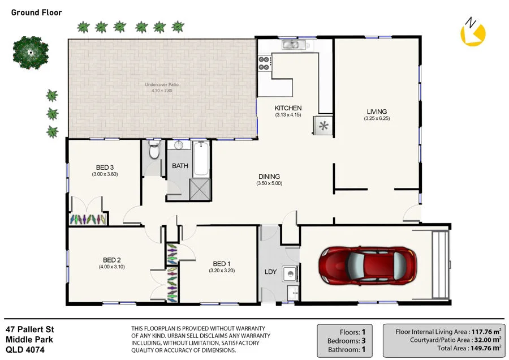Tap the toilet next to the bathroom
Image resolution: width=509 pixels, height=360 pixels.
[x=153, y=151]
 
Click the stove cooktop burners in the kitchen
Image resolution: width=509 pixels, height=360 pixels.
[x=264, y=62]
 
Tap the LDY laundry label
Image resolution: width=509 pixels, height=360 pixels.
[x=270, y=272]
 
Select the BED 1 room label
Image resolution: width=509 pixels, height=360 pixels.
[x=222, y=264]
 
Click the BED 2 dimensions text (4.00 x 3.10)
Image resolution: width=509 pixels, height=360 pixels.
[x=111, y=267]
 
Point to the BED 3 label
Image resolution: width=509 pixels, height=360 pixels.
[x=105, y=167]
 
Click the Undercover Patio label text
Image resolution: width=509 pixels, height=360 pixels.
[x=165, y=85]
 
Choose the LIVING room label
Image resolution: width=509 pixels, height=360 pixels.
[x=377, y=112]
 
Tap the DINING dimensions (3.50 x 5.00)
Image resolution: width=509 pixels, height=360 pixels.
[x=269, y=183]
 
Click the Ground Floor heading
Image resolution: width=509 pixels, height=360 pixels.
[x=37, y=12]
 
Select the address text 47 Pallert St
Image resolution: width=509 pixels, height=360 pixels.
[x=29, y=329]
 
